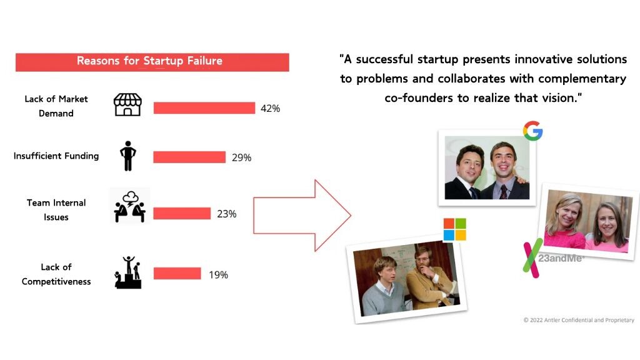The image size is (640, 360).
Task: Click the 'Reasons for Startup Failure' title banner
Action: pos(152,62)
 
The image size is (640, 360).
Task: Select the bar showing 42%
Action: pos(204,108)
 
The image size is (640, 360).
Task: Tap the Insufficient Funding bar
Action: pos(189,157)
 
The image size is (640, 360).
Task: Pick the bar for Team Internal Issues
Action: pos(182,214)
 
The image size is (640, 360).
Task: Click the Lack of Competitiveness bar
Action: pos(177,274)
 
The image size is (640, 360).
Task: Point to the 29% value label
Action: pos(242,157)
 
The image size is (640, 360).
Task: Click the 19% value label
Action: pos(218,275)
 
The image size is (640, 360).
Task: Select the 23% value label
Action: pos(226,214)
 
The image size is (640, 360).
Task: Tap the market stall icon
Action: pos(127,104)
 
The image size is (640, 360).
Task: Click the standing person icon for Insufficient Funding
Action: pos(127,156)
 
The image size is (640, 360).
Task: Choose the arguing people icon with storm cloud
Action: pos(130,206)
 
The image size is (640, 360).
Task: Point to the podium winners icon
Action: pos(128,272)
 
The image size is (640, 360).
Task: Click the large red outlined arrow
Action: pos(302,216)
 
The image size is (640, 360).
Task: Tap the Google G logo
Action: pos(532,131)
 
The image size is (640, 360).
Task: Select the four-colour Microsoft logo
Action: pos(455,229)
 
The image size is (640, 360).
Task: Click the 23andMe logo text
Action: pos(560,258)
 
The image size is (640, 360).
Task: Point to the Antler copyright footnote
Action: pos(579,320)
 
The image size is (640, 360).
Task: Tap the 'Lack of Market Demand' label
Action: pos(56,106)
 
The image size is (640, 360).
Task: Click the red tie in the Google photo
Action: pos(504,192)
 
